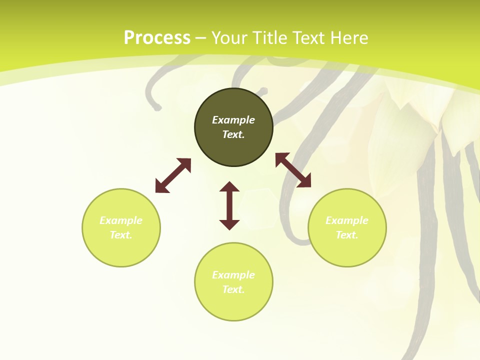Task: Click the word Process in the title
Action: (x=157, y=38)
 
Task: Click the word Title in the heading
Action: (x=270, y=38)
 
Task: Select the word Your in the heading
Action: (x=230, y=38)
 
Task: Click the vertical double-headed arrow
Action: (x=229, y=205)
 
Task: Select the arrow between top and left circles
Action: (x=173, y=175)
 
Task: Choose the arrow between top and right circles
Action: (x=293, y=170)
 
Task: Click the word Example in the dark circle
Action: (x=233, y=120)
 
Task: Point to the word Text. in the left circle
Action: (x=121, y=235)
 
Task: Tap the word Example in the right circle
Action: (x=347, y=220)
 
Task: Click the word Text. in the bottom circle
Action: (x=233, y=289)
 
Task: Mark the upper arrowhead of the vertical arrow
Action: (x=229, y=187)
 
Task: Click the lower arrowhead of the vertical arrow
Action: (x=229, y=224)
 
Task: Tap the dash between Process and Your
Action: (x=201, y=38)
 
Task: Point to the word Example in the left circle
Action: (x=121, y=220)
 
